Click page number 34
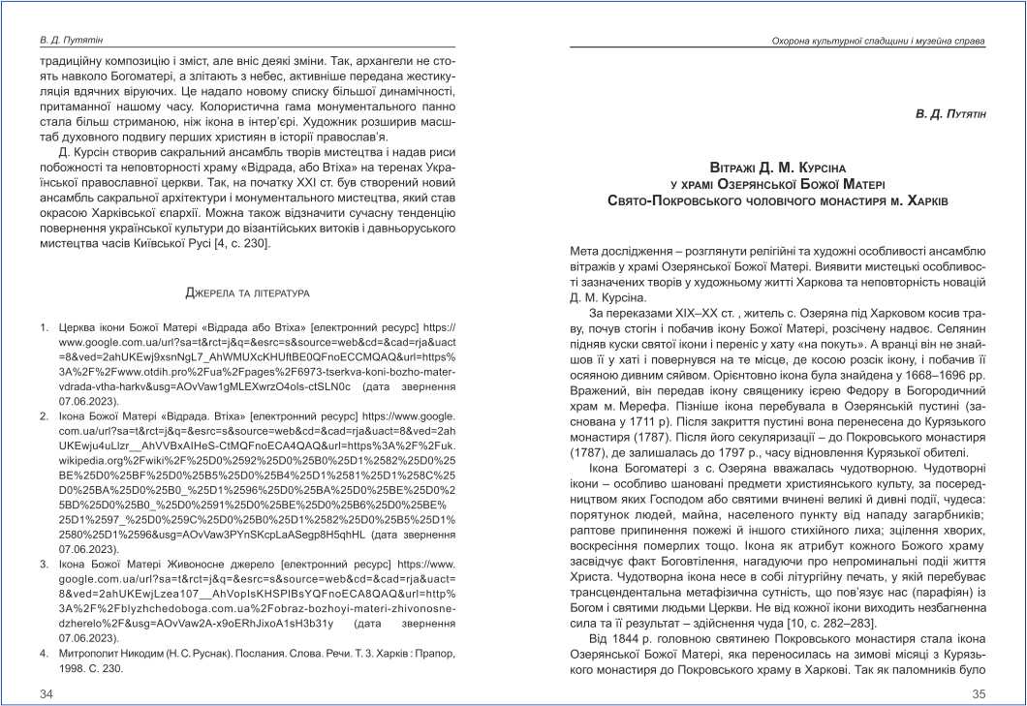(x=47, y=693)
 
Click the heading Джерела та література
(x=246, y=291)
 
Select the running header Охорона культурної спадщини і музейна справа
(x=877, y=42)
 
